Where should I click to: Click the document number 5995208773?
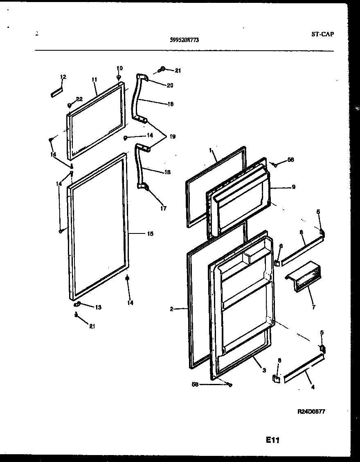184,40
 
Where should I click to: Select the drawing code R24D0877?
311,412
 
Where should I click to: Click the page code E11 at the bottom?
272,440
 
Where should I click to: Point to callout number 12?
63,76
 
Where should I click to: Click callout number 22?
79,99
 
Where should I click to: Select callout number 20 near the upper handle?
170,85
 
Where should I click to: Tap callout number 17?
164,208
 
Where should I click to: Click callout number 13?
98,307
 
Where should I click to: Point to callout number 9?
294,187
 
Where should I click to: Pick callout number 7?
313,307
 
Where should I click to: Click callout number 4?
313,387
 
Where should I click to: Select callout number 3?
264,370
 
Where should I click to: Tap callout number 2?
171,309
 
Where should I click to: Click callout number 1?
210,150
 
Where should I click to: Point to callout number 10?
119,68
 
